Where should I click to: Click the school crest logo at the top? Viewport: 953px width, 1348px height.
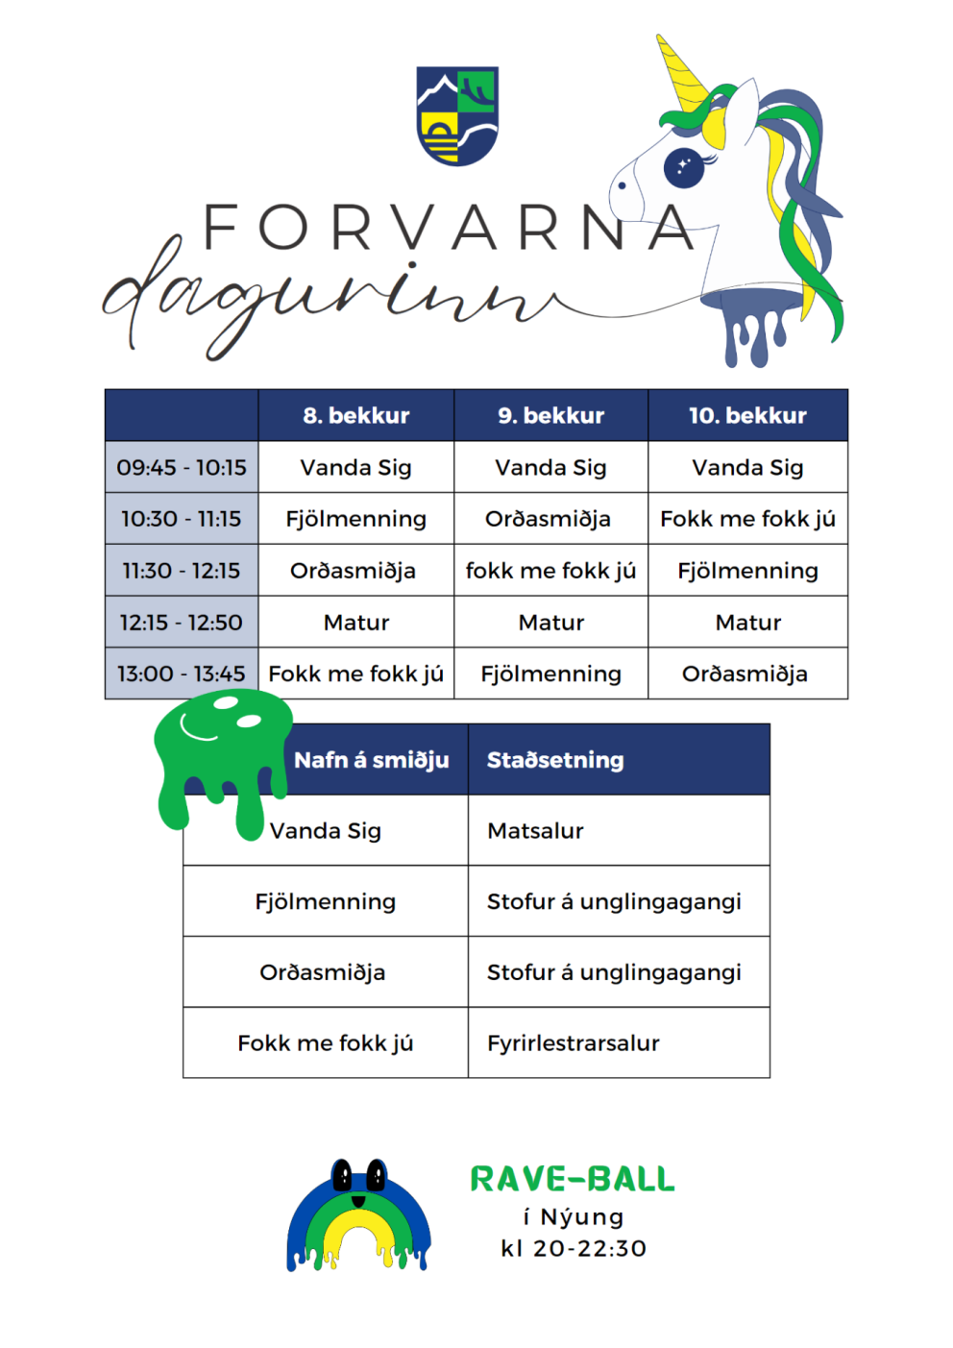click(457, 115)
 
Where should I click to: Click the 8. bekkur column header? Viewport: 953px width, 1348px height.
click(355, 416)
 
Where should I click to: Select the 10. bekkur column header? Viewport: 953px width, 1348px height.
click(747, 416)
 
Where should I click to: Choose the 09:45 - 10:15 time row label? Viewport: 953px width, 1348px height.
click(182, 468)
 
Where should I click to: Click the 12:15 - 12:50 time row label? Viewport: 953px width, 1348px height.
click(182, 623)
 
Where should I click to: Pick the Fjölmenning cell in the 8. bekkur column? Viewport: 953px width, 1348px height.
click(355, 519)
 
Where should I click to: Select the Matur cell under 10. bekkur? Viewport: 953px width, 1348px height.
click(747, 623)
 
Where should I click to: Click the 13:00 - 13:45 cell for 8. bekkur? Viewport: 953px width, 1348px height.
click(355, 674)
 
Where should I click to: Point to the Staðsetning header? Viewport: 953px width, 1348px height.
click(555, 760)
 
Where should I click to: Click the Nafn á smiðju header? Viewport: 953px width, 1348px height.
click(372, 760)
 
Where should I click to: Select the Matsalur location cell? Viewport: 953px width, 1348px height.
click(535, 831)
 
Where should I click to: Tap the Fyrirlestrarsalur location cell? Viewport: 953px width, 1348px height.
click(573, 1043)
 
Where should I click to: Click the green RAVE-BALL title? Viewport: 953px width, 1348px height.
click(573, 1179)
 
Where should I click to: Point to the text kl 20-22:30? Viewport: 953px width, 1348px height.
click(574, 1249)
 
